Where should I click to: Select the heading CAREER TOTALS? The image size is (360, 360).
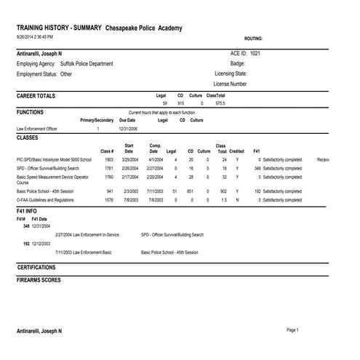coord(37,95)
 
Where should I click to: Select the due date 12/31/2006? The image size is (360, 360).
coord(127,128)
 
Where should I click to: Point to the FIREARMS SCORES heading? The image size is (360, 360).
coord(39,279)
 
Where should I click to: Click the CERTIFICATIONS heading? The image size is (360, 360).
coord(37,268)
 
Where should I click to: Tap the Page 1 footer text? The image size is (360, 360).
coord(292,330)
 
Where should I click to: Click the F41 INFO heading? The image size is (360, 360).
coord(30,210)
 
